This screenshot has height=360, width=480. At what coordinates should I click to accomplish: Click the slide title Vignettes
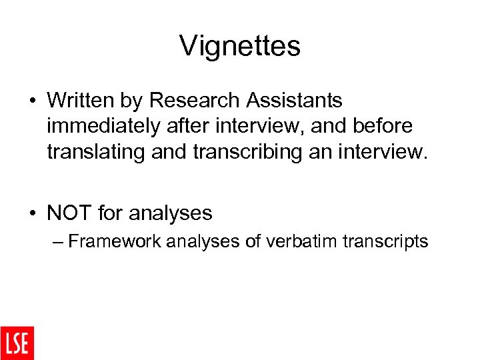pyautogui.click(x=240, y=46)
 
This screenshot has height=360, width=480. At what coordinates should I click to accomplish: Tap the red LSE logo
pyautogui.click(x=17, y=343)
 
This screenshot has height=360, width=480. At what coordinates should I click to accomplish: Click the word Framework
pyautogui.click(x=114, y=241)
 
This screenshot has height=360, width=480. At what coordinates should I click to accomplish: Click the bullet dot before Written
pyautogui.click(x=32, y=101)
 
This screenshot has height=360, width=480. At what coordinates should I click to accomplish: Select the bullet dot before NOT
pyautogui.click(x=32, y=214)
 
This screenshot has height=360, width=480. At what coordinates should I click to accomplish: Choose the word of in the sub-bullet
pyautogui.click(x=253, y=241)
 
